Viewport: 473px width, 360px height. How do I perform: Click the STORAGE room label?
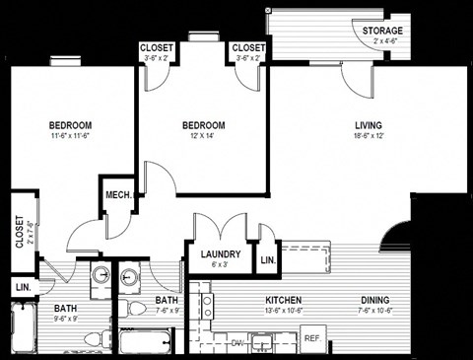tap(381, 31)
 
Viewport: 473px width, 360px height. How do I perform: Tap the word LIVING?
tap(370, 125)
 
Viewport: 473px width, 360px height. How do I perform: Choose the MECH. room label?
tap(119, 195)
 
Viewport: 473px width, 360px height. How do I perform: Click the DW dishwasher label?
tap(236, 343)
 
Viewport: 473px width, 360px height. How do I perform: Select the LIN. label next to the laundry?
tap(267, 260)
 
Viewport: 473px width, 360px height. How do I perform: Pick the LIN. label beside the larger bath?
tap(21, 287)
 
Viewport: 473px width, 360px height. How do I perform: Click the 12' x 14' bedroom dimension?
tap(204, 137)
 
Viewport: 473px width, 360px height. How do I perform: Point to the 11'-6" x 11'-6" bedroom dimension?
tap(70, 137)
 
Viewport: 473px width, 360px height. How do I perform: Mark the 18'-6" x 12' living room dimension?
tap(370, 137)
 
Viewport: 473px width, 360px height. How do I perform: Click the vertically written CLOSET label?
tap(19, 235)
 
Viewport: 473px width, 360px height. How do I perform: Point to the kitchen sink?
tap(262, 343)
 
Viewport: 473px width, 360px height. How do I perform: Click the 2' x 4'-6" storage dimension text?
tap(381, 41)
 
